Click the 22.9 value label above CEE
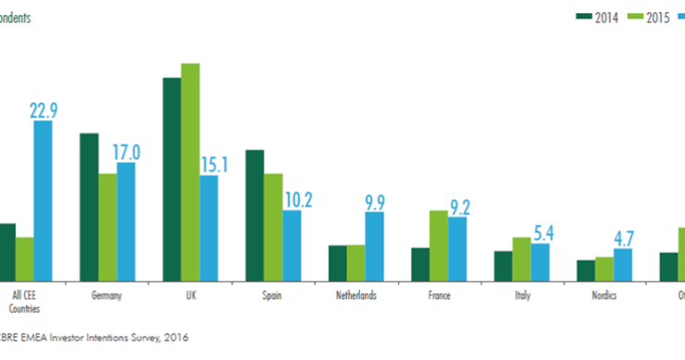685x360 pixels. pyautogui.click(x=44, y=111)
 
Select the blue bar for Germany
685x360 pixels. pyautogui.click(x=126, y=221)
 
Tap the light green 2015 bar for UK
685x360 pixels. pyautogui.click(x=191, y=171)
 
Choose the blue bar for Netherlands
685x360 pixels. pyautogui.click(x=374, y=246)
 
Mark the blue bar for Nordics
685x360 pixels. pyautogui.click(x=623, y=264)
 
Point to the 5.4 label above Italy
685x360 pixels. pyautogui.click(x=540, y=233)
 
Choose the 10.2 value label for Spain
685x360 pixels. pyautogui.click(x=293, y=199)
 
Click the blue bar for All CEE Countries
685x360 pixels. pyautogui.click(x=43, y=200)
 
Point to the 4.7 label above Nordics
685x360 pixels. pyautogui.click(x=623, y=238)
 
